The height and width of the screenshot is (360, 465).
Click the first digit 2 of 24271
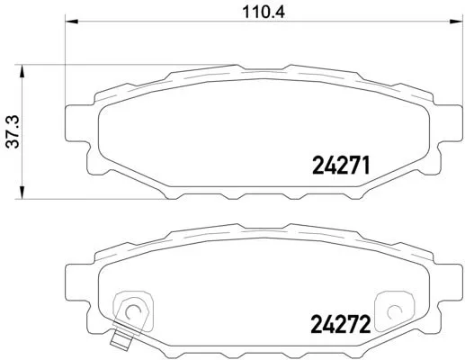point(317,166)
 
